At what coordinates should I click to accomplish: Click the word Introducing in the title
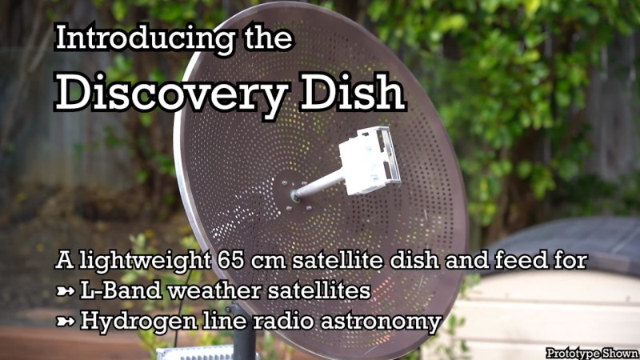(146, 38)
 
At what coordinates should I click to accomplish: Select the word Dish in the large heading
(352, 92)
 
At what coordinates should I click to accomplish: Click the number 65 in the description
(231, 260)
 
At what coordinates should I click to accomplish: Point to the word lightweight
(146, 262)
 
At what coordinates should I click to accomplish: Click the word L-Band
(121, 290)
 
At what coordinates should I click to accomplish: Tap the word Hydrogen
(138, 322)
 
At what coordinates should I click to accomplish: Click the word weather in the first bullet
(214, 290)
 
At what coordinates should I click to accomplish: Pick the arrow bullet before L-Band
(66, 291)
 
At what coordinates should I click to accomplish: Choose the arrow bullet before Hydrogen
(66, 322)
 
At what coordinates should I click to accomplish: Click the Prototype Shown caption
(592, 353)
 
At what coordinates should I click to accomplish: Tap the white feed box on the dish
(369, 161)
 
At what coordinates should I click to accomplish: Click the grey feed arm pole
(318, 186)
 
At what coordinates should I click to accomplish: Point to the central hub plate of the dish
(294, 194)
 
